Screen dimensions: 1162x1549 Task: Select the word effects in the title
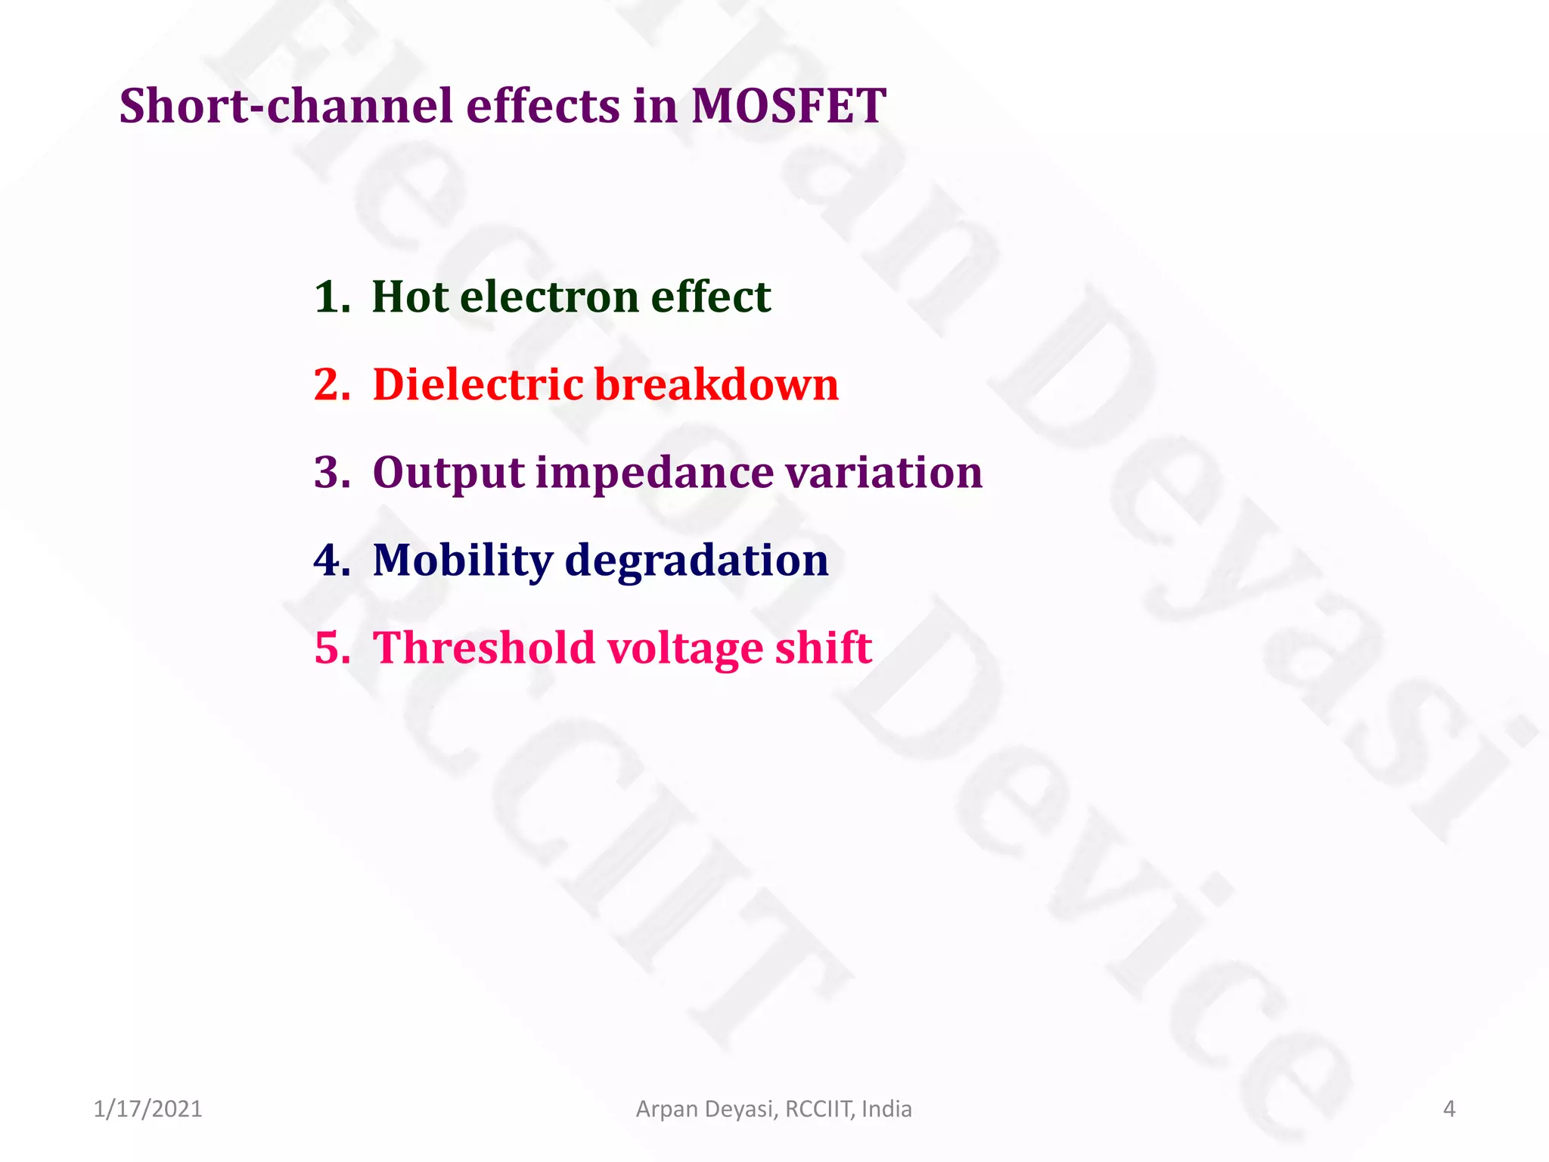click(542, 105)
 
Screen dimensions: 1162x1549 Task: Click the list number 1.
click(331, 296)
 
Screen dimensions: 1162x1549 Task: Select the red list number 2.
click(331, 384)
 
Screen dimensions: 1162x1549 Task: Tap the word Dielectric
click(478, 384)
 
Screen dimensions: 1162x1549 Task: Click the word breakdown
click(716, 384)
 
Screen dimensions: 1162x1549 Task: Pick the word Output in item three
click(449, 472)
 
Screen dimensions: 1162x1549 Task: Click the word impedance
click(655, 472)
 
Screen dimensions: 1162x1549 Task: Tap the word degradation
click(697, 561)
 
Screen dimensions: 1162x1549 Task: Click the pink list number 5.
click(331, 648)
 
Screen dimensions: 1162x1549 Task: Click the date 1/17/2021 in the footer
click(148, 1109)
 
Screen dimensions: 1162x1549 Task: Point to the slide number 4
click(1448, 1109)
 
